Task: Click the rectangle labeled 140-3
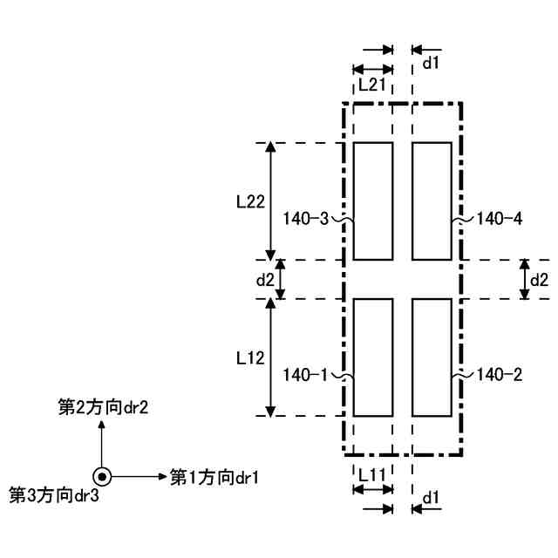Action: (373, 201)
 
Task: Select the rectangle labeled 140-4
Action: (431, 201)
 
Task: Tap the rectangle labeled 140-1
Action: (373, 357)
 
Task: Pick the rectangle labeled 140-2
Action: (431, 357)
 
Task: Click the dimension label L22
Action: (250, 201)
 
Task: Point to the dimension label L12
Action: (250, 357)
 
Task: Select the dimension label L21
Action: (372, 85)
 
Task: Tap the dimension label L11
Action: (372, 474)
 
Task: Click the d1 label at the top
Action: (431, 63)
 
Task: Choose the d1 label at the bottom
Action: (430, 497)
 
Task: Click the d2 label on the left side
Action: (265, 280)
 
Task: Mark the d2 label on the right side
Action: (540, 280)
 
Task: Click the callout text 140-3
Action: (306, 219)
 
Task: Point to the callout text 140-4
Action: (500, 219)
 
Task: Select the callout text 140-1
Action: (306, 375)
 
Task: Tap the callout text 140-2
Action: (500, 375)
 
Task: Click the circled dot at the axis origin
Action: (102, 477)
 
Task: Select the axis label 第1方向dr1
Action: (214, 477)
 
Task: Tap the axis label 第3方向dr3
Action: (54, 495)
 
